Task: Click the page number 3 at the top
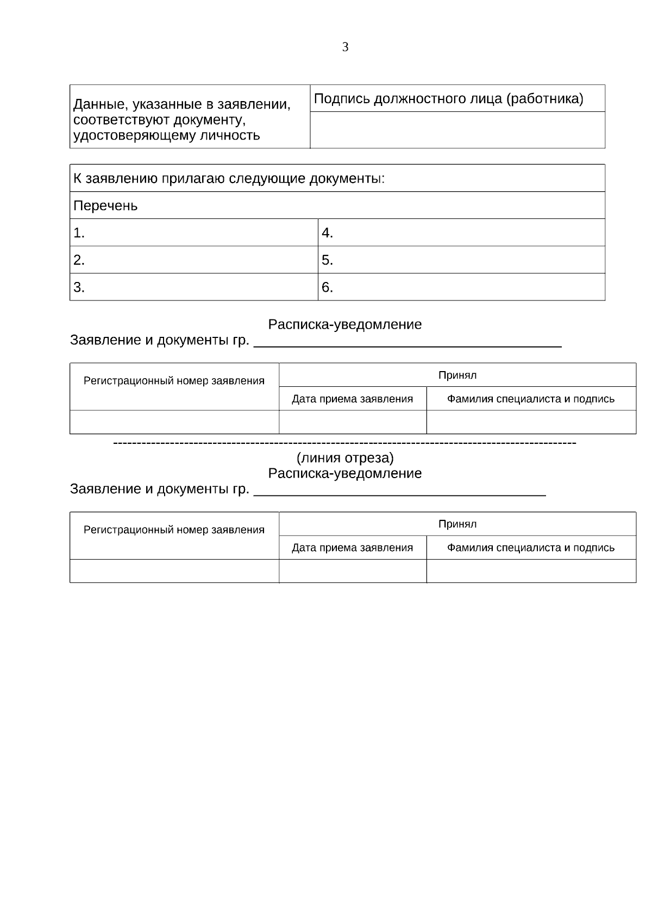point(345,47)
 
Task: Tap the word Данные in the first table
point(98,104)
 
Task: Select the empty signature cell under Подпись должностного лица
point(457,130)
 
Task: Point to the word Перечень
point(105,206)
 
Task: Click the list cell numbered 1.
point(193,233)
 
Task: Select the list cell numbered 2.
point(193,260)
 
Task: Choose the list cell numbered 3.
point(193,287)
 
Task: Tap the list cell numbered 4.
point(461,233)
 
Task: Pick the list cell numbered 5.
point(461,260)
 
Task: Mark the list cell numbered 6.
point(461,287)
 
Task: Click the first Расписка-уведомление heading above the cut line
point(345,325)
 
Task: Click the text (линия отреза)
point(345,458)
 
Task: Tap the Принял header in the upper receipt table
point(457,375)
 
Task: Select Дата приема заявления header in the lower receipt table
point(352,548)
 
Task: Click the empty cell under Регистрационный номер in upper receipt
point(174,422)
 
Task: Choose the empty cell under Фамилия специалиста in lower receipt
point(531,571)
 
